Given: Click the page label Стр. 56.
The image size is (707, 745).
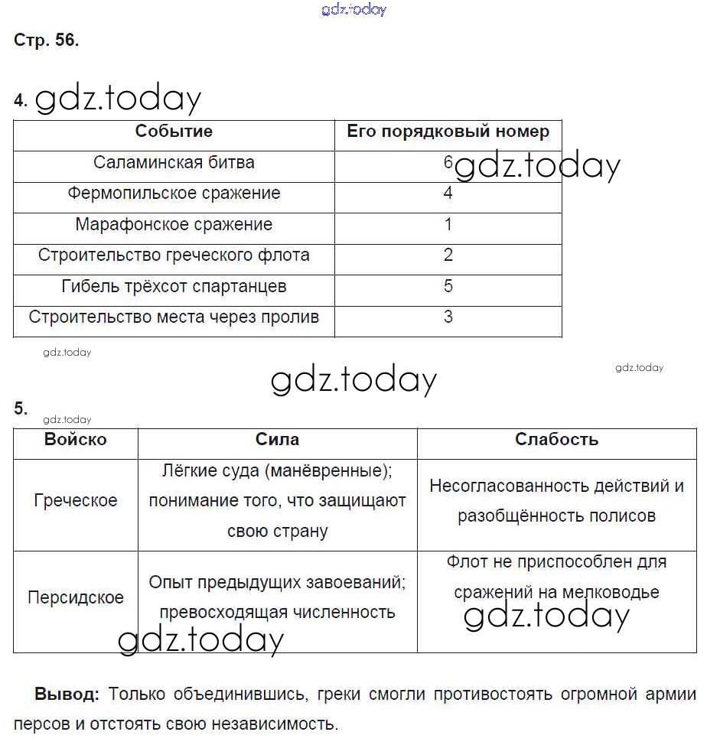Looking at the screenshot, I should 46,41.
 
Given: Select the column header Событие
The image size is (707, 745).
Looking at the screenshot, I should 174,132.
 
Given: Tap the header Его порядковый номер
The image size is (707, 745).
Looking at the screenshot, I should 448,132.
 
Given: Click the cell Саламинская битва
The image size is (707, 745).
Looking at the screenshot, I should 174,163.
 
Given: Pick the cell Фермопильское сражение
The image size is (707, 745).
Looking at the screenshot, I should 174,194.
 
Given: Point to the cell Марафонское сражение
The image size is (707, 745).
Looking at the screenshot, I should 174,225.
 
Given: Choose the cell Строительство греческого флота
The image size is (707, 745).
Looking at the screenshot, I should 174,255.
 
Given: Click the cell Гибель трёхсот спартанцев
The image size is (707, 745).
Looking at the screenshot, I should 174,287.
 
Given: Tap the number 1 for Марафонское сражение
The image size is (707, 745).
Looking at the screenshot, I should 448,225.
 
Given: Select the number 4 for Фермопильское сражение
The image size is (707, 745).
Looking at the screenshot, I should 448,194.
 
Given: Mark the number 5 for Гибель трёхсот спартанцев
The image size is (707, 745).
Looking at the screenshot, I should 448,287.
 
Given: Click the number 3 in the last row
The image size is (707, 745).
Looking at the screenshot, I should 448,317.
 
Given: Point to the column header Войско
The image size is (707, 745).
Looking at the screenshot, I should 75,440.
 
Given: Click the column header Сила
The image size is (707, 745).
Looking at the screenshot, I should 277,440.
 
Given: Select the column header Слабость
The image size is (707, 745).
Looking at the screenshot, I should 556,440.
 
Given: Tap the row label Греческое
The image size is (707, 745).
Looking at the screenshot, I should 75,501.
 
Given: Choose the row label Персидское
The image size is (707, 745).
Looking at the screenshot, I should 75,598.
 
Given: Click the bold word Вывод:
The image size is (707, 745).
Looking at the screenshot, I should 67,695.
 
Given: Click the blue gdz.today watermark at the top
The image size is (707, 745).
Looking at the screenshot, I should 354,9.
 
